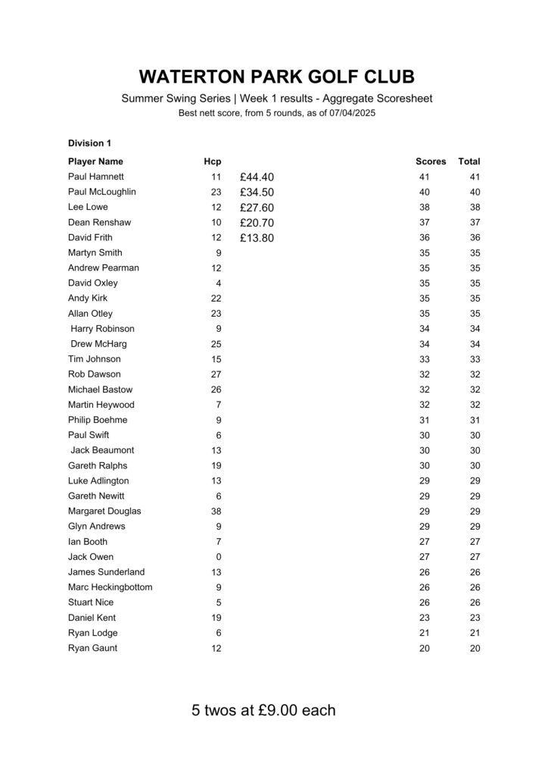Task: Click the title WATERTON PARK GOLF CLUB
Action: tap(277, 77)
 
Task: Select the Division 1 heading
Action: tap(89, 142)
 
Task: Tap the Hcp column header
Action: tap(212, 161)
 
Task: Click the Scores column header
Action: tap(431, 161)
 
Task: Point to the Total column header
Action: tap(469, 161)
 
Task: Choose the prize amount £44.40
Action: tap(257, 177)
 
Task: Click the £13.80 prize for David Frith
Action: tap(257, 238)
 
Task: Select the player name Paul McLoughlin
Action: tap(102, 192)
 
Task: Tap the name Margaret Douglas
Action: tap(104, 511)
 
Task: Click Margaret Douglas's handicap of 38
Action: tap(216, 512)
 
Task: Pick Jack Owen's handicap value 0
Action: tap(219, 557)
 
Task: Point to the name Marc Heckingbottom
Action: tap(110, 587)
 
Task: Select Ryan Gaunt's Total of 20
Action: tap(475, 648)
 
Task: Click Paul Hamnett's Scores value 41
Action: tap(424, 177)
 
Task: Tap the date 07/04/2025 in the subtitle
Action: tap(353, 113)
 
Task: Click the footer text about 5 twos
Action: tap(263, 711)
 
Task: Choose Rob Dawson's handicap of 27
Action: tap(216, 374)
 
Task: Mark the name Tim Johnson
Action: tap(94, 359)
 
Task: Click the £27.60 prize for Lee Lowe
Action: tap(257, 208)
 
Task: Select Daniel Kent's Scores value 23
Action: tap(424, 618)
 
